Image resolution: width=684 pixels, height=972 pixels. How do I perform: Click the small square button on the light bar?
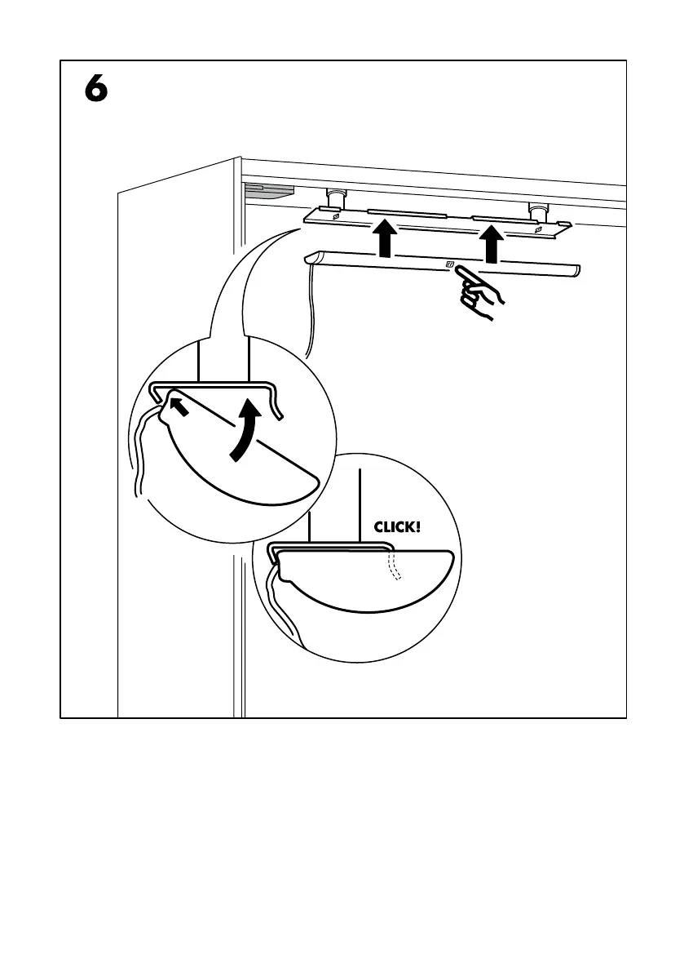(x=449, y=264)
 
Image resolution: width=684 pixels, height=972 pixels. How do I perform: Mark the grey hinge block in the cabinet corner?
(x=268, y=192)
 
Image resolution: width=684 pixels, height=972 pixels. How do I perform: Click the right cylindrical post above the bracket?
(x=536, y=210)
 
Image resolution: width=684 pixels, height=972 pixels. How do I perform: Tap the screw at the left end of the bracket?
(x=335, y=218)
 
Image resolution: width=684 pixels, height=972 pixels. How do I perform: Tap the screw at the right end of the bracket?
(x=538, y=230)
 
